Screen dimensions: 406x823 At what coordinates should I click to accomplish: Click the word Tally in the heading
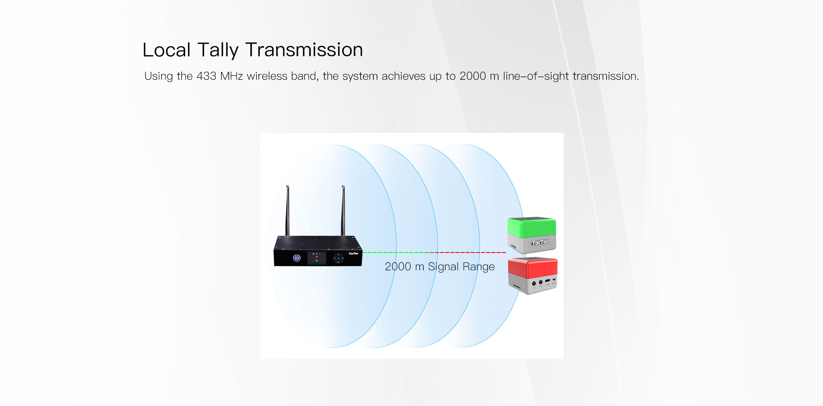(x=217, y=50)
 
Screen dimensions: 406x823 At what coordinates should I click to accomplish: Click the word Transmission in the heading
(x=304, y=50)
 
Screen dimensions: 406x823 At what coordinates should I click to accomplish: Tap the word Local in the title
(x=166, y=50)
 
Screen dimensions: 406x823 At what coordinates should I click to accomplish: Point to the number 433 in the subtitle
(x=206, y=76)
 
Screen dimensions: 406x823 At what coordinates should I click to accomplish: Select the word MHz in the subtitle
(x=231, y=76)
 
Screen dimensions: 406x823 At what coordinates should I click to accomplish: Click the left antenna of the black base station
(x=288, y=210)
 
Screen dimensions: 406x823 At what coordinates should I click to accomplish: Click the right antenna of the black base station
(x=343, y=210)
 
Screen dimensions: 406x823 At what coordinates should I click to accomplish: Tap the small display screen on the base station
(x=317, y=258)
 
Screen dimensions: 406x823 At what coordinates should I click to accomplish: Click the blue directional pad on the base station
(x=339, y=258)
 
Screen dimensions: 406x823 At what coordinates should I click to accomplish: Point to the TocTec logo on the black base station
(x=353, y=254)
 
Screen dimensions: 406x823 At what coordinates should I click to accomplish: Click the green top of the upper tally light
(x=532, y=227)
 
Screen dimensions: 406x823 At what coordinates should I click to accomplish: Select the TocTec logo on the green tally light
(x=540, y=243)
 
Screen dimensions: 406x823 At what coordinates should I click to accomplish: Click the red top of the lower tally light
(x=532, y=268)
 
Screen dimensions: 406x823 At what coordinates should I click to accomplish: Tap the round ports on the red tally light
(x=537, y=283)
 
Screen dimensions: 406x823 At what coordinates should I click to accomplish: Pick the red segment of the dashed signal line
(x=472, y=253)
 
